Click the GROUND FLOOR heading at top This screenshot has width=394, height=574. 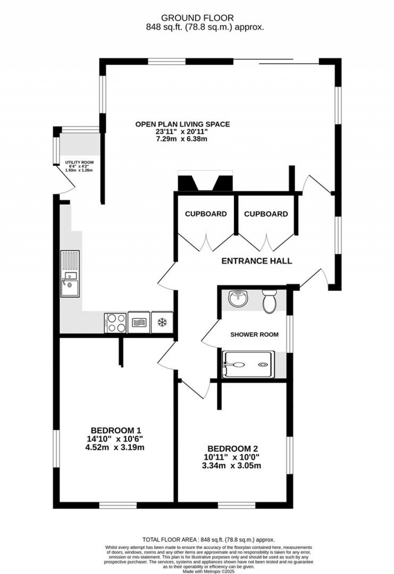(197, 18)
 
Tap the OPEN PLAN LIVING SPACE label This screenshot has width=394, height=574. (182, 124)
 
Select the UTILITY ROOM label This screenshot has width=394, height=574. (79, 162)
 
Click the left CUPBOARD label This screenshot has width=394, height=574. (206, 214)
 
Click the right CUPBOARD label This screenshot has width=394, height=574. (266, 214)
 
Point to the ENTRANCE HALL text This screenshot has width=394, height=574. (257, 261)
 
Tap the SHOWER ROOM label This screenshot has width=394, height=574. (254, 334)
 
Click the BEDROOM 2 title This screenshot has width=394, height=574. (232, 449)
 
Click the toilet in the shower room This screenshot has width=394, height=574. (269, 300)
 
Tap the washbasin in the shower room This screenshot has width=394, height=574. (237, 299)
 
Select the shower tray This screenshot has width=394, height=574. (248, 364)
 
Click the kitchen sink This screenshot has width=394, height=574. (70, 274)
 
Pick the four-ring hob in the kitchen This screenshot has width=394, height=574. (115, 323)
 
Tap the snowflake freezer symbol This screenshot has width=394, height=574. (162, 323)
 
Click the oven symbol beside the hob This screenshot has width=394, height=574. (139, 323)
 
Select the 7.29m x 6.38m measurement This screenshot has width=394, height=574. (182, 139)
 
